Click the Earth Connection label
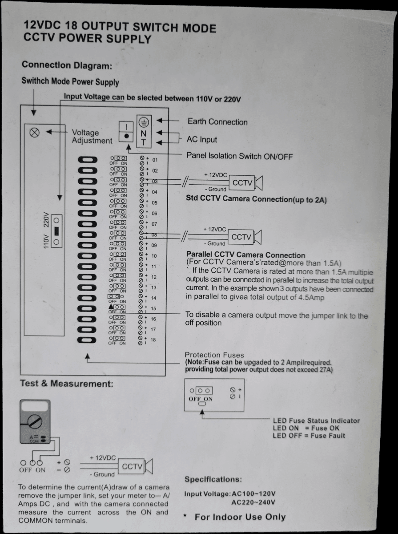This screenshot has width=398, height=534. coord(217,121)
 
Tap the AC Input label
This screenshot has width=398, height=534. coord(201,139)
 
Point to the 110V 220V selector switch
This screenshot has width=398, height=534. coord(56,231)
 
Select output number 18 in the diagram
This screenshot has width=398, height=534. coord(153,340)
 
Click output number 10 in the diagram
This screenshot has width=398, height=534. coord(154,256)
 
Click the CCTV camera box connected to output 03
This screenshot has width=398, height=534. coord(242,183)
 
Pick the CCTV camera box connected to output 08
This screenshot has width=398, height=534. coord(241,237)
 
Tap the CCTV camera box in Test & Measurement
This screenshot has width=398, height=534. coord(132,466)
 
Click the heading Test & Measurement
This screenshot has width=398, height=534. coord(66,383)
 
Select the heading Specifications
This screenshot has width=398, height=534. coord(213,479)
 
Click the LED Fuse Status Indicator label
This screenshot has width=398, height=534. coord(316,421)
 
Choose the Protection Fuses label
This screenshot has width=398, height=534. coord(214,355)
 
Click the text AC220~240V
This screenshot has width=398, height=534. coord(253,503)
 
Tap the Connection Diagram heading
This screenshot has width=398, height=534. coord(66,65)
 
